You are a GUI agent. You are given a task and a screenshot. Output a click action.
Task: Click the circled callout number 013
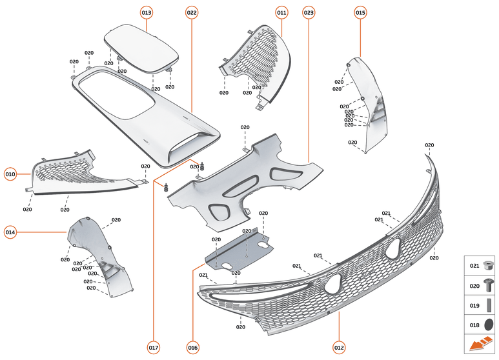coord(147,12)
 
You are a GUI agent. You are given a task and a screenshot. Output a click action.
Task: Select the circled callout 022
coord(192,12)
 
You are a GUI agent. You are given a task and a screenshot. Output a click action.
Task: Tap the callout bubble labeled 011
coord(281,12)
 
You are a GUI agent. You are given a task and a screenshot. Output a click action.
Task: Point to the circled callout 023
coord(309,12)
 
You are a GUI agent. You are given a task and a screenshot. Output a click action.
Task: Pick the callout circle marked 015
coord(360,12)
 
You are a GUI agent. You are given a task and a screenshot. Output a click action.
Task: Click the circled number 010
coord(10,174)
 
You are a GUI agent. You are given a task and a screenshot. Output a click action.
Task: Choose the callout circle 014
coord(10,232)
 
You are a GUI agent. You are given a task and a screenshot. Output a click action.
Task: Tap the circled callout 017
coord(153,348)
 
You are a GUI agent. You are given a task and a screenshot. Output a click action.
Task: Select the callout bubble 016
coord(192,348)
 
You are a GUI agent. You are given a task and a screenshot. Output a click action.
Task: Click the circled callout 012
coord(339,348)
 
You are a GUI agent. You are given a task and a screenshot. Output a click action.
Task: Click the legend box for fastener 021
coord(481,265)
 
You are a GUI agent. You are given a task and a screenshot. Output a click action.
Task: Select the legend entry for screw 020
coord(481,285)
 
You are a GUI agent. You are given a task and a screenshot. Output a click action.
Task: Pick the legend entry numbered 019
coord(481,305)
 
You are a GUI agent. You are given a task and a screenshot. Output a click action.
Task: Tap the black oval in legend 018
coord(489,325)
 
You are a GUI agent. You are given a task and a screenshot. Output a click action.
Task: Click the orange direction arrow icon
coord(481,344)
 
